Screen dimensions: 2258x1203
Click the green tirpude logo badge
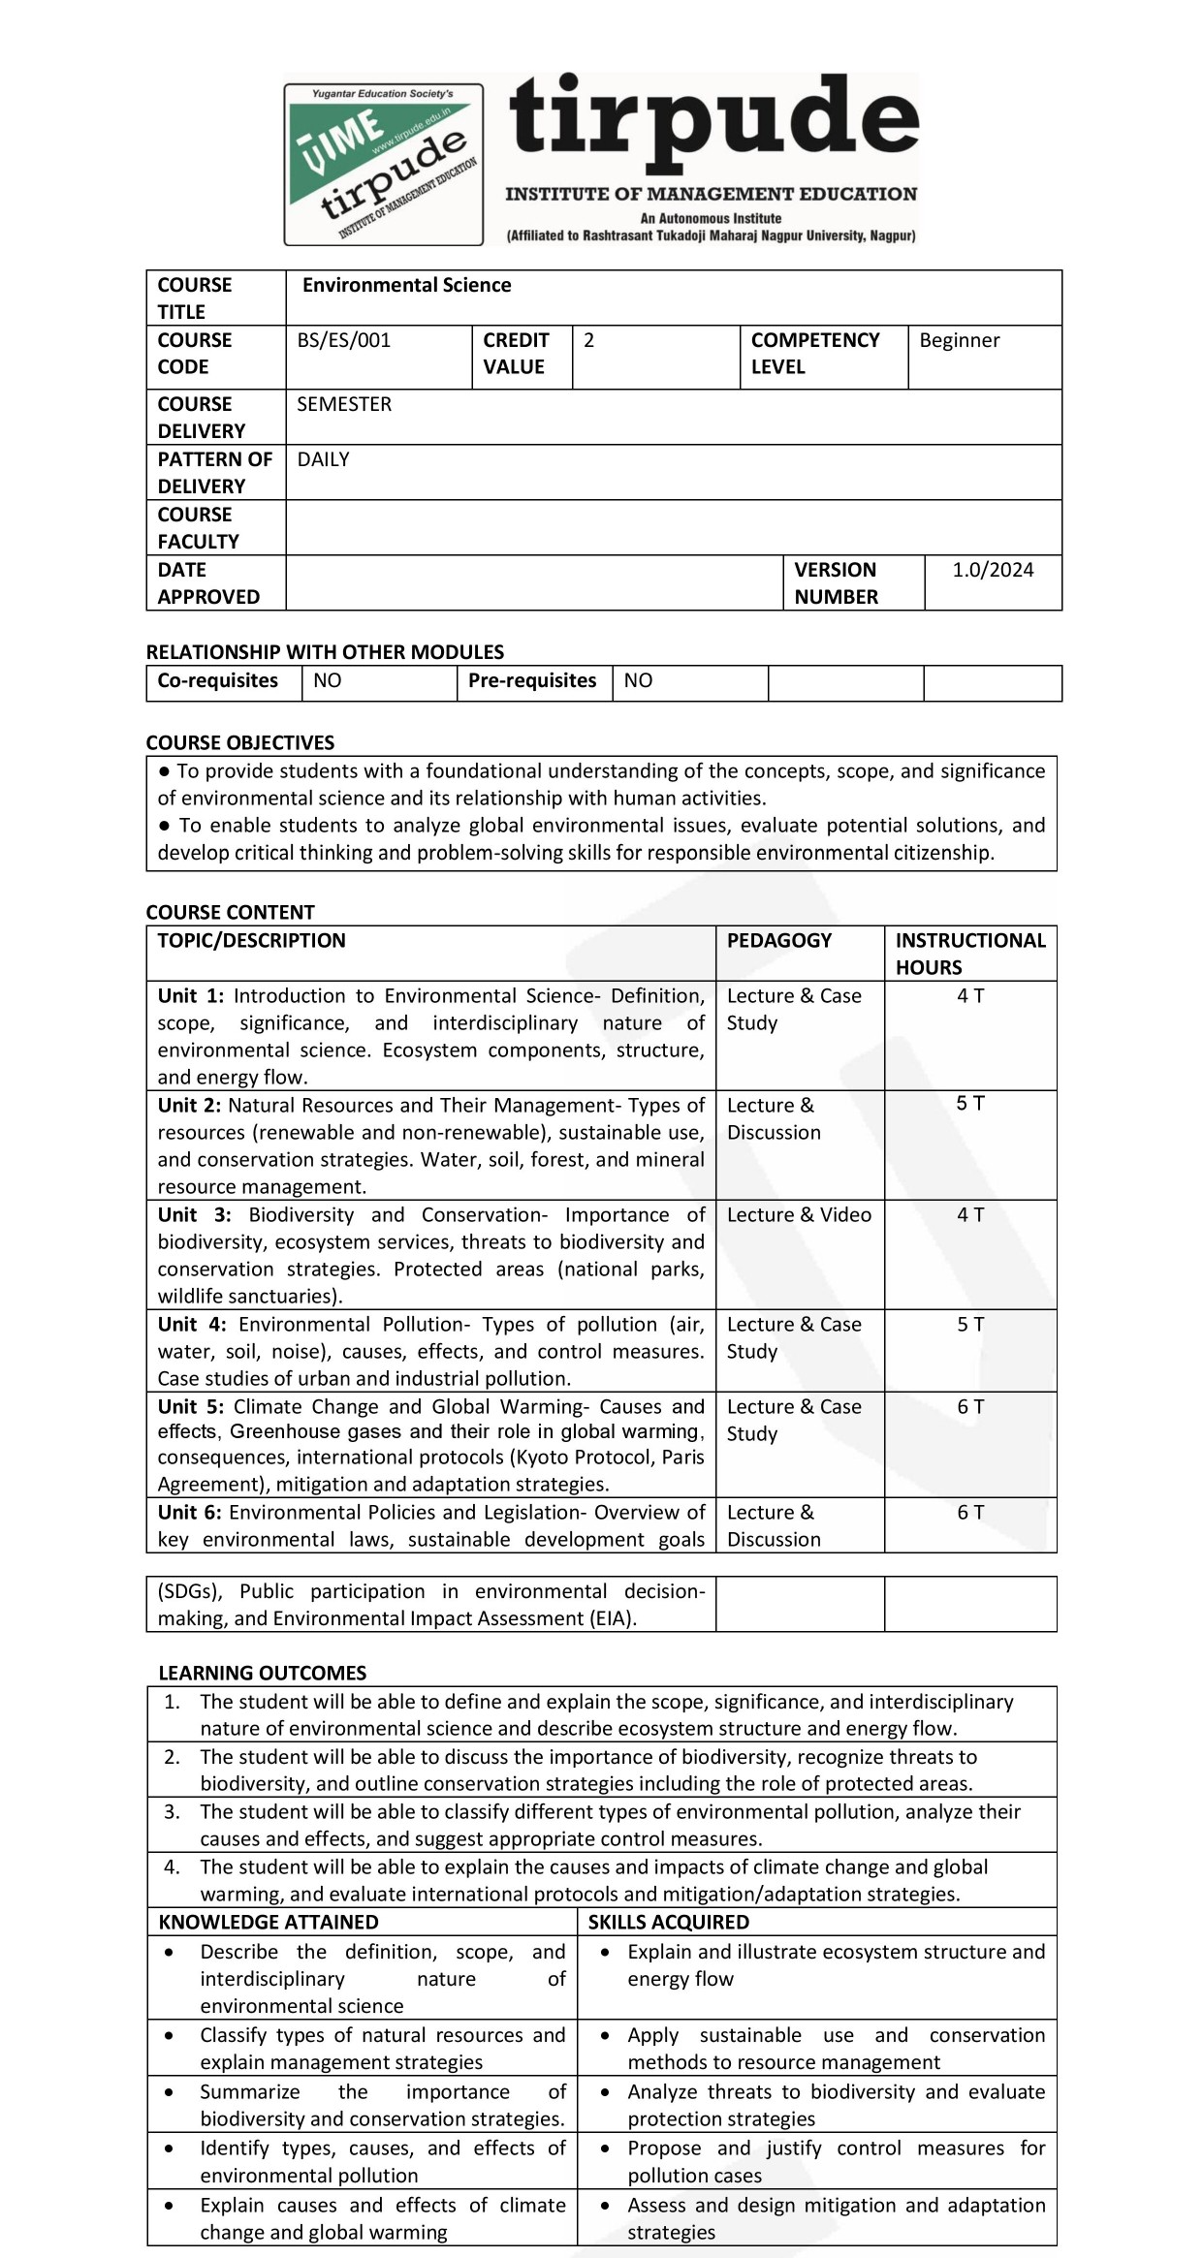click(384, 164)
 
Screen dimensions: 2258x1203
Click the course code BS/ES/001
click(344, 340)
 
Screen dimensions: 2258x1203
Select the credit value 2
click(588, 340)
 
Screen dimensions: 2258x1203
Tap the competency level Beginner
click(959, 340)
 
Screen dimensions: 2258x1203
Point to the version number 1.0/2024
click(993, 570)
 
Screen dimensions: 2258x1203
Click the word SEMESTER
click(344, 404)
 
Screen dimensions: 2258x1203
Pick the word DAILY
click(323, 459)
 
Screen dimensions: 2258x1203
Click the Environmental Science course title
click(406, 285)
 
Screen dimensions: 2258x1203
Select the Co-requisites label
click(218, 680)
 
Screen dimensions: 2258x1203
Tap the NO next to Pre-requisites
click(638, 680)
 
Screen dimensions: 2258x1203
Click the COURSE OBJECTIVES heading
click(240, 742)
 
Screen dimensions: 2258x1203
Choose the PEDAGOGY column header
click(779, 940)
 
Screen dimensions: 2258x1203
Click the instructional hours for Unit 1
click(970, 995)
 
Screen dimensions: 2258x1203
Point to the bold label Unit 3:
click(194, 1214)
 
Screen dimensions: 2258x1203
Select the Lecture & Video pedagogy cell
click(799, 1214)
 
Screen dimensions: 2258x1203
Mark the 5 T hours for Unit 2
click(970, 1103)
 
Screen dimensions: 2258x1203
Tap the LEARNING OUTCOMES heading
click(263, 1673)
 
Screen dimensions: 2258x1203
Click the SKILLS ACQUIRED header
click(669, 1922)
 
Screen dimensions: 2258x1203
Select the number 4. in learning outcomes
click(172, 1867)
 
